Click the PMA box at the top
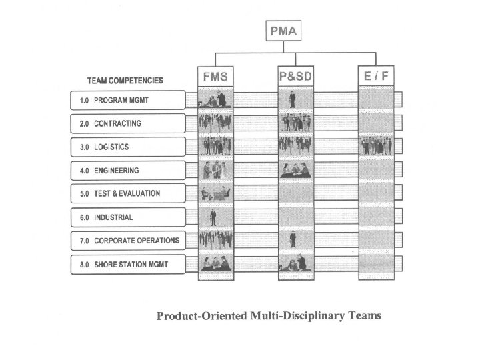coord(285,31)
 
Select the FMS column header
coord(215,77)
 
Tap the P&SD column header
coord(295,77)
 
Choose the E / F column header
coord(376,77)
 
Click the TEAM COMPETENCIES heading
coord(125,81)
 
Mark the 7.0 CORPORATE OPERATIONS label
coord(127,240)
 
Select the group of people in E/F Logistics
coord(376,146)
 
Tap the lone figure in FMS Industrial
coord(213,217)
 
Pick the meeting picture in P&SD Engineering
coord(295,170)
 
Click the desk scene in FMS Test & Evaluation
coord(215,193)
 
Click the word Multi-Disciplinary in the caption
coord(290,315)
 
